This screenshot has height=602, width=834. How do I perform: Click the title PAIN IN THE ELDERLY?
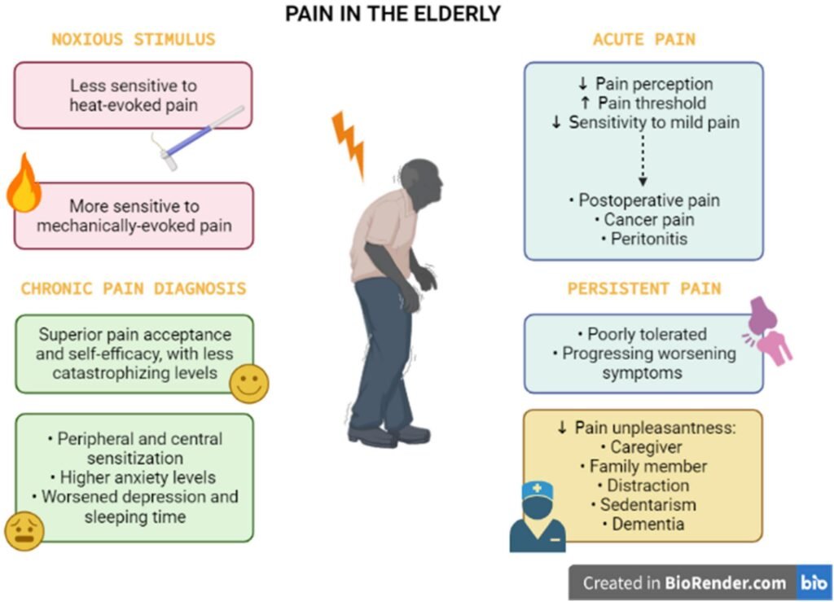tap(393, 14)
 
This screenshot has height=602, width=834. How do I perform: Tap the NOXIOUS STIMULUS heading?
tap(134, 39)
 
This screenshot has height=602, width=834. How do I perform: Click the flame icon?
tap(24, 183)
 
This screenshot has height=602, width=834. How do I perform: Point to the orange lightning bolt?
tap(348, 144)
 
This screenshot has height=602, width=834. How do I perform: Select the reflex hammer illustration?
tap(200, 137)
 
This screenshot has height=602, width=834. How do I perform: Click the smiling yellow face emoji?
tap(249, 383)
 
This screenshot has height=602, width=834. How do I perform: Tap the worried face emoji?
tap(24, 530)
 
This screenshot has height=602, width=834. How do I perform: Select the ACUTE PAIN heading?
tap(644, 39)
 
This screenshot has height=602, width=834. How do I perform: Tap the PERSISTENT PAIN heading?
tap(644, 288)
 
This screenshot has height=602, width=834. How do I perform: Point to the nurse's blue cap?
tap(537, 490)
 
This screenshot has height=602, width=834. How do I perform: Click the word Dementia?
tap(647, 524)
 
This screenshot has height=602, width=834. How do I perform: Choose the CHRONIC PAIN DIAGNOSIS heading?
tap(134, 288)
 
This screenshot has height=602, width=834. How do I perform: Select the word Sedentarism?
tap(647, 504)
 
